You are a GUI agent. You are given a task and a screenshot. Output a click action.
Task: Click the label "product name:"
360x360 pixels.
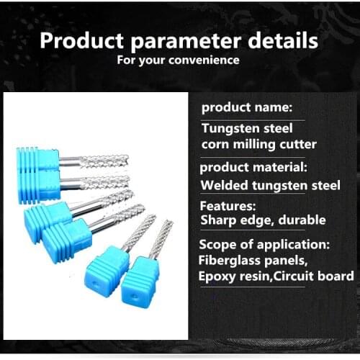[246, 108]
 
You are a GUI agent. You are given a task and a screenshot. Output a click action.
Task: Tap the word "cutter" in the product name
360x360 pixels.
[301, 144]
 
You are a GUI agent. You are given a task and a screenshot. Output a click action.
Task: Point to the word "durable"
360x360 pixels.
[301, 220]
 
